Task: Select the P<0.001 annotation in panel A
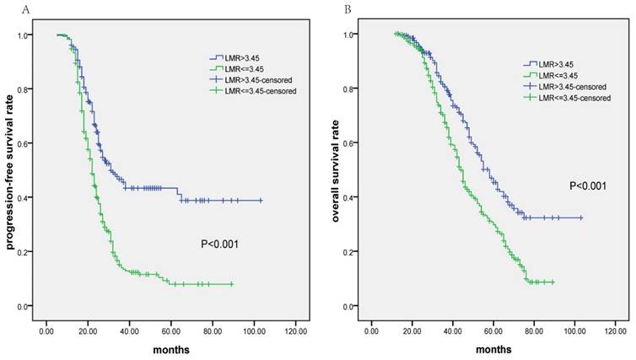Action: (x=220, y=244)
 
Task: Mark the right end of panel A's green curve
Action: (x=232, y=284)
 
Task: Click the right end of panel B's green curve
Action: (x=553, y=282)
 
